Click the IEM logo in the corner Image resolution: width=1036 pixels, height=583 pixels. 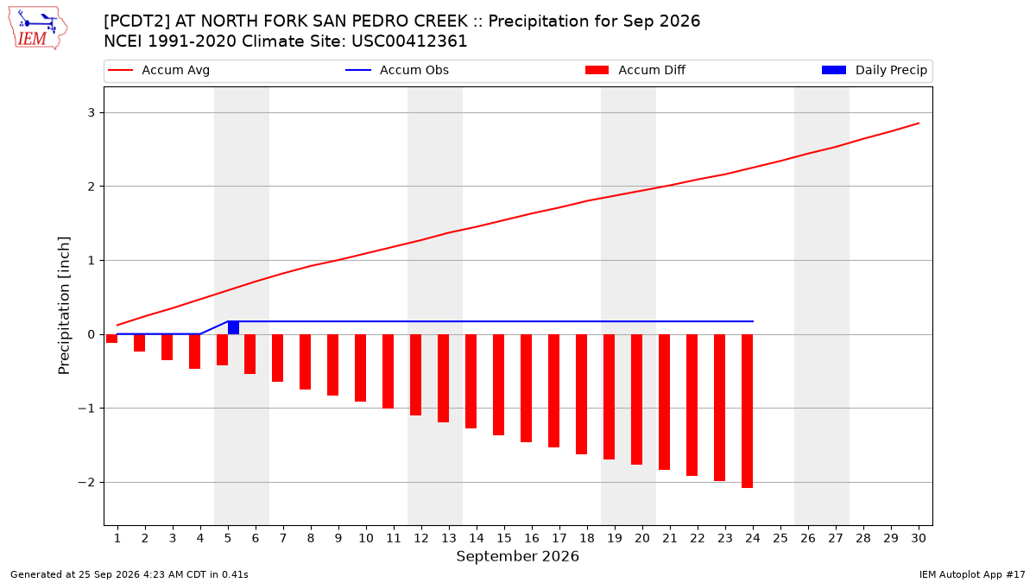[38, 28]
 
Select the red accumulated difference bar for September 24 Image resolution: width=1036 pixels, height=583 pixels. [748, 411]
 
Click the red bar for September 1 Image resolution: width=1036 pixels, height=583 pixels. [112, 339]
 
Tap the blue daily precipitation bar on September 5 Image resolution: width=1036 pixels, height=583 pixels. [234, 327]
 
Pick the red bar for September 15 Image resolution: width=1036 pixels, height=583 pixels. [499, 384]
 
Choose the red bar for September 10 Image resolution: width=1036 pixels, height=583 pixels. [360, 368]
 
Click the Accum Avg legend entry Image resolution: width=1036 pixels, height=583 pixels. [159, 70]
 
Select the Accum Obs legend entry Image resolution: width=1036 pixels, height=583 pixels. [397, 70]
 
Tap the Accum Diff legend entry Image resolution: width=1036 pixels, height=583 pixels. [635, 70]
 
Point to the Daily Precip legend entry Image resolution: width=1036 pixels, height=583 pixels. [875, 70]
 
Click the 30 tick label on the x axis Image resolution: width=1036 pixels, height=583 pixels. [919, 538]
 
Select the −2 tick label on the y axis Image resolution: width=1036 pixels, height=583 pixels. [86, 482]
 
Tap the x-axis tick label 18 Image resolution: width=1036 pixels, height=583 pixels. [587, 538]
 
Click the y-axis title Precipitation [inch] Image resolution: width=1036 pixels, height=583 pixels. [64, 306]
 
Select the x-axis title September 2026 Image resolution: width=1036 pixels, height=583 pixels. [517, 556]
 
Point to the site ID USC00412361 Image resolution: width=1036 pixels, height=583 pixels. [409, 41]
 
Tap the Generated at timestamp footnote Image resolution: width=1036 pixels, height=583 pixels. [129, 574]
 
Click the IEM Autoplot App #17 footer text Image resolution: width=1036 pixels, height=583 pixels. [972, 574]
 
